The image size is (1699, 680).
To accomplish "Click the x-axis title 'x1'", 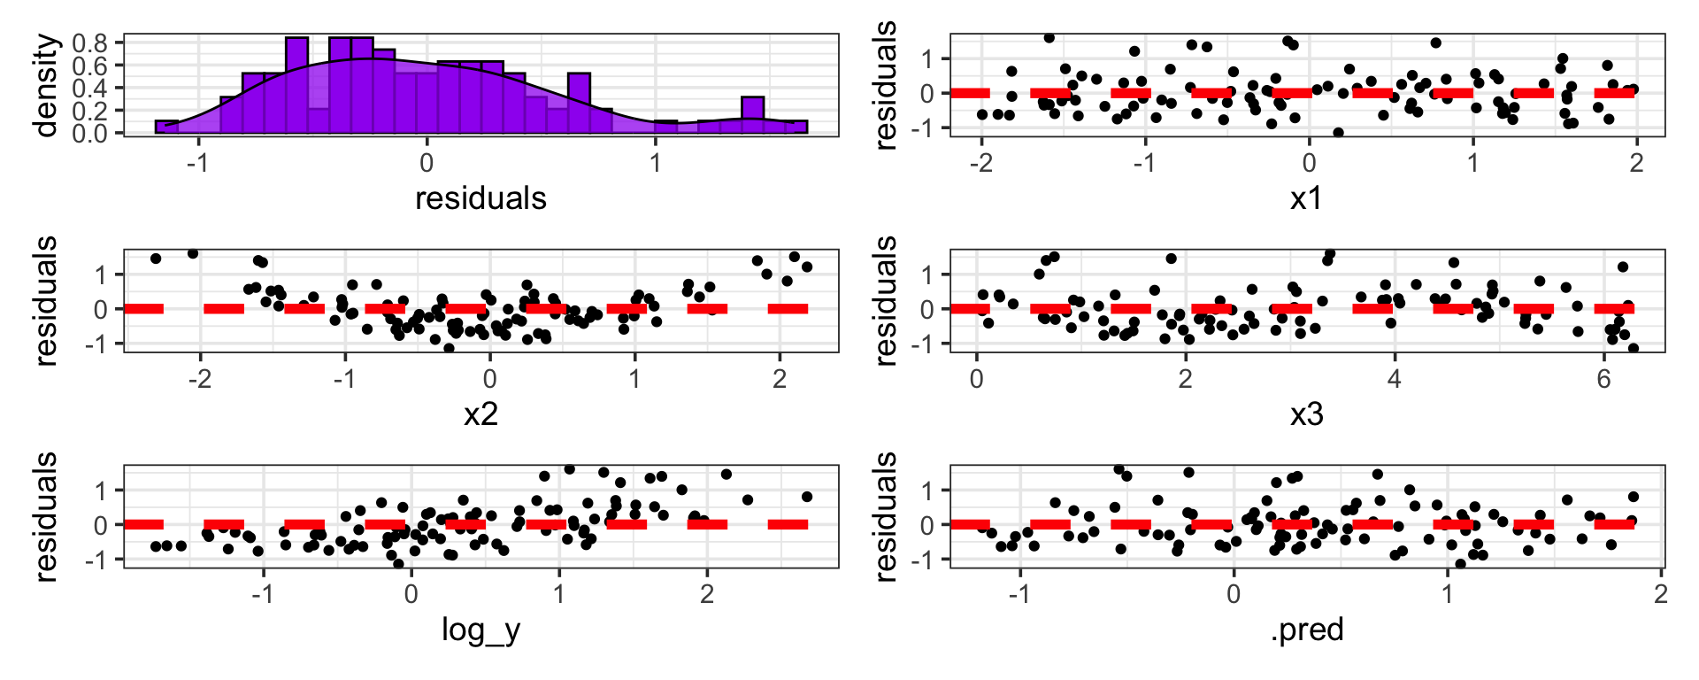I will [x=1306, y=197].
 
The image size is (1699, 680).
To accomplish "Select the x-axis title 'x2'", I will [x=480, y=413].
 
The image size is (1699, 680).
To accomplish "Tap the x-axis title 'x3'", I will [x=1306, y=413].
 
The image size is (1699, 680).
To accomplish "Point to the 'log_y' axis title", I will [x=480, y=630].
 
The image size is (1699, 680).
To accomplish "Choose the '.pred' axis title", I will [x=1306, y=630].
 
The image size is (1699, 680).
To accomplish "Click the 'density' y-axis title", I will [x=46, y=85].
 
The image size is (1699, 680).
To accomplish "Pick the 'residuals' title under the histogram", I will [x=480, y=197].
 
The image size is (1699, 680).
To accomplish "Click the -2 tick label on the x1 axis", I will [x=980, y=163].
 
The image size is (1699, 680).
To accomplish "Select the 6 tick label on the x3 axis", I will [x=1603, y=379].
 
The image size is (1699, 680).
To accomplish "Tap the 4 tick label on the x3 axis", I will [x=1395, y=379].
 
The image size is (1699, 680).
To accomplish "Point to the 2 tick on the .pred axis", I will [x=1661, y=595].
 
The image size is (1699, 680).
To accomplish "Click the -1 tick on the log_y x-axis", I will [x=263, y=595].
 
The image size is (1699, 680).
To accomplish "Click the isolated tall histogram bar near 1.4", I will [x=752, y=115].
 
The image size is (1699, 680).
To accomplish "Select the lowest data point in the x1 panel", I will [x=1338, y=133].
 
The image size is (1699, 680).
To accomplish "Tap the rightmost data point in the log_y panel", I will [x=806, y=497].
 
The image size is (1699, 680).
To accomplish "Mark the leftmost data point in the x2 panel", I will [x=156, y=259].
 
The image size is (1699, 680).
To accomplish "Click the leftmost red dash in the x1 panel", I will [x=970, y=93].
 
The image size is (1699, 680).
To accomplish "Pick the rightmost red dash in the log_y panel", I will [x=788, y=525].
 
